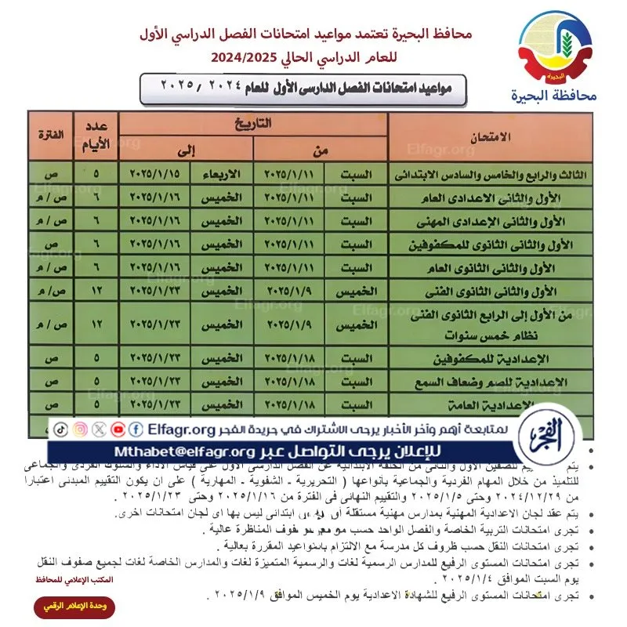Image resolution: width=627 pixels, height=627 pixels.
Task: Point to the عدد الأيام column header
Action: point(96,135)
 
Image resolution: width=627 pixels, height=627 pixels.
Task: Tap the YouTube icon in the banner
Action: point(118,429)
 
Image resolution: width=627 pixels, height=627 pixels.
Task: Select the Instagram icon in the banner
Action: point(81,429)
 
